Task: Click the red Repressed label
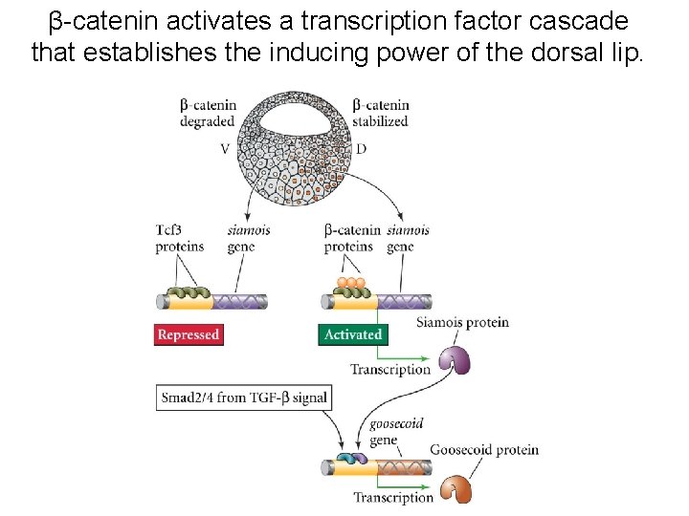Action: pyautogui.click(x=189, y=335)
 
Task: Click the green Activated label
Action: pyautogui.click(x=352, y=335)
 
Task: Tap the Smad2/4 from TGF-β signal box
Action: pyautogui.click(x=244, y=398)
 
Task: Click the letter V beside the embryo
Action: pyautogui.click(x=225, y=149)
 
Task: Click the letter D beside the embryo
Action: pyautogui.click(x=361, y=149)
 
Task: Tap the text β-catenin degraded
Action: pyautogui.click(x=209, y=114)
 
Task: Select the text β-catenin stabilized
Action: pyautogui.click(x=380, y=114)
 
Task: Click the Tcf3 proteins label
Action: pyautogui.click(x=180, y=238)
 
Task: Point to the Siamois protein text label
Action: pyautogui.click(x=462, y=322)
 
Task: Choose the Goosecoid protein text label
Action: pyautogui.click(x=484, y=449)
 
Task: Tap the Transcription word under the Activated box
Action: pyautogui.click(x=390, y=369)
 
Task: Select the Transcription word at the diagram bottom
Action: pyautogui.click(x=393, y=497)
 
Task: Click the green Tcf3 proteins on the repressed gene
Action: pyautogui.click(x=188, y=293)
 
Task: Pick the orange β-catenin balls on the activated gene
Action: pyautogui.click(x=350, y=284)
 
